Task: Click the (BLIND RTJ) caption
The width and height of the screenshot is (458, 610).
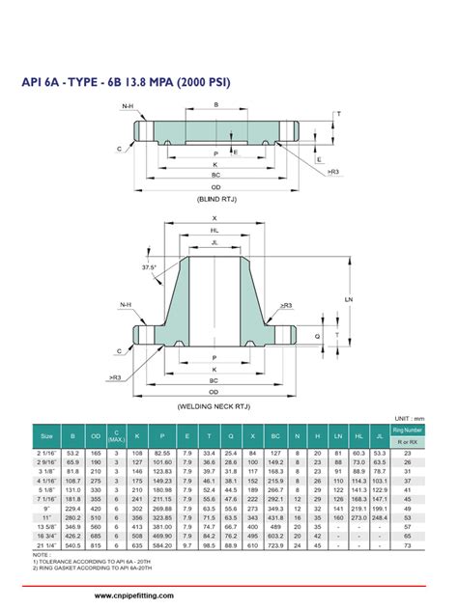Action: tap(215, 199)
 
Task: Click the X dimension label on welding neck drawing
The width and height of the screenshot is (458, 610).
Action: tap(215, 217)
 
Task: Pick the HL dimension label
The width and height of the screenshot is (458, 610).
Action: tap(215, 231)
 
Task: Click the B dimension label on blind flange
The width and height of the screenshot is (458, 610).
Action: tap(215, 103)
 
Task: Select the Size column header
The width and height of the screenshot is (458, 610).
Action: tap(46, 436)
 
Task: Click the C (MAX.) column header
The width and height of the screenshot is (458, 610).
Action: tap(116, 436)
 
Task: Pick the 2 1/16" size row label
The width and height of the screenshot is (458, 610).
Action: tap(46, 453)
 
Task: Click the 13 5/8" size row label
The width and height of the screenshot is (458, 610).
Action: tap(46, 527)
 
